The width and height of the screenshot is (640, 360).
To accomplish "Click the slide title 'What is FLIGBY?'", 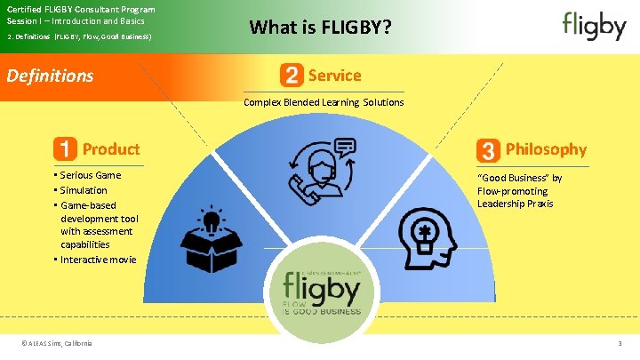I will (x=319, y=28).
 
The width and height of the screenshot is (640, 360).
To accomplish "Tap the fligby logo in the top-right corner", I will (x=594, y=26).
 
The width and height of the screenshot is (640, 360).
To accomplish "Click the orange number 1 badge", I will (x=65, y=148).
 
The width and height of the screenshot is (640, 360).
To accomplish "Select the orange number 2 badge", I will (x=291, y=76).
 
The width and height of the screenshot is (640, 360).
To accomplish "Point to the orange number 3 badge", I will (x=487, y=149).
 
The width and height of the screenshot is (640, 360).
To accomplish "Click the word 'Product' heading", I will (x=111, y=148).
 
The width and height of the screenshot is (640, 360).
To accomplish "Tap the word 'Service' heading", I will (x=334, y=76).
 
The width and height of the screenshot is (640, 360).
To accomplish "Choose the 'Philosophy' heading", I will (x=546, y=149).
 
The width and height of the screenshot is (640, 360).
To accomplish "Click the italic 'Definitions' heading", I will (x=50, y=76).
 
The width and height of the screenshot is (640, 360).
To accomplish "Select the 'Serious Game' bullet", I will (x=90, y=176).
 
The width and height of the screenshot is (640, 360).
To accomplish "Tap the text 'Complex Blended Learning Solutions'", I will (x=324, y=102).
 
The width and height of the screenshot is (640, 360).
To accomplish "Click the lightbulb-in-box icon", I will (x=211, y=236).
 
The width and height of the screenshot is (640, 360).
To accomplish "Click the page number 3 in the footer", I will (x=619, y=344).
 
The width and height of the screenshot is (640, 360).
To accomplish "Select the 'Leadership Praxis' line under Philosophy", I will (x=515, y=204).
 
